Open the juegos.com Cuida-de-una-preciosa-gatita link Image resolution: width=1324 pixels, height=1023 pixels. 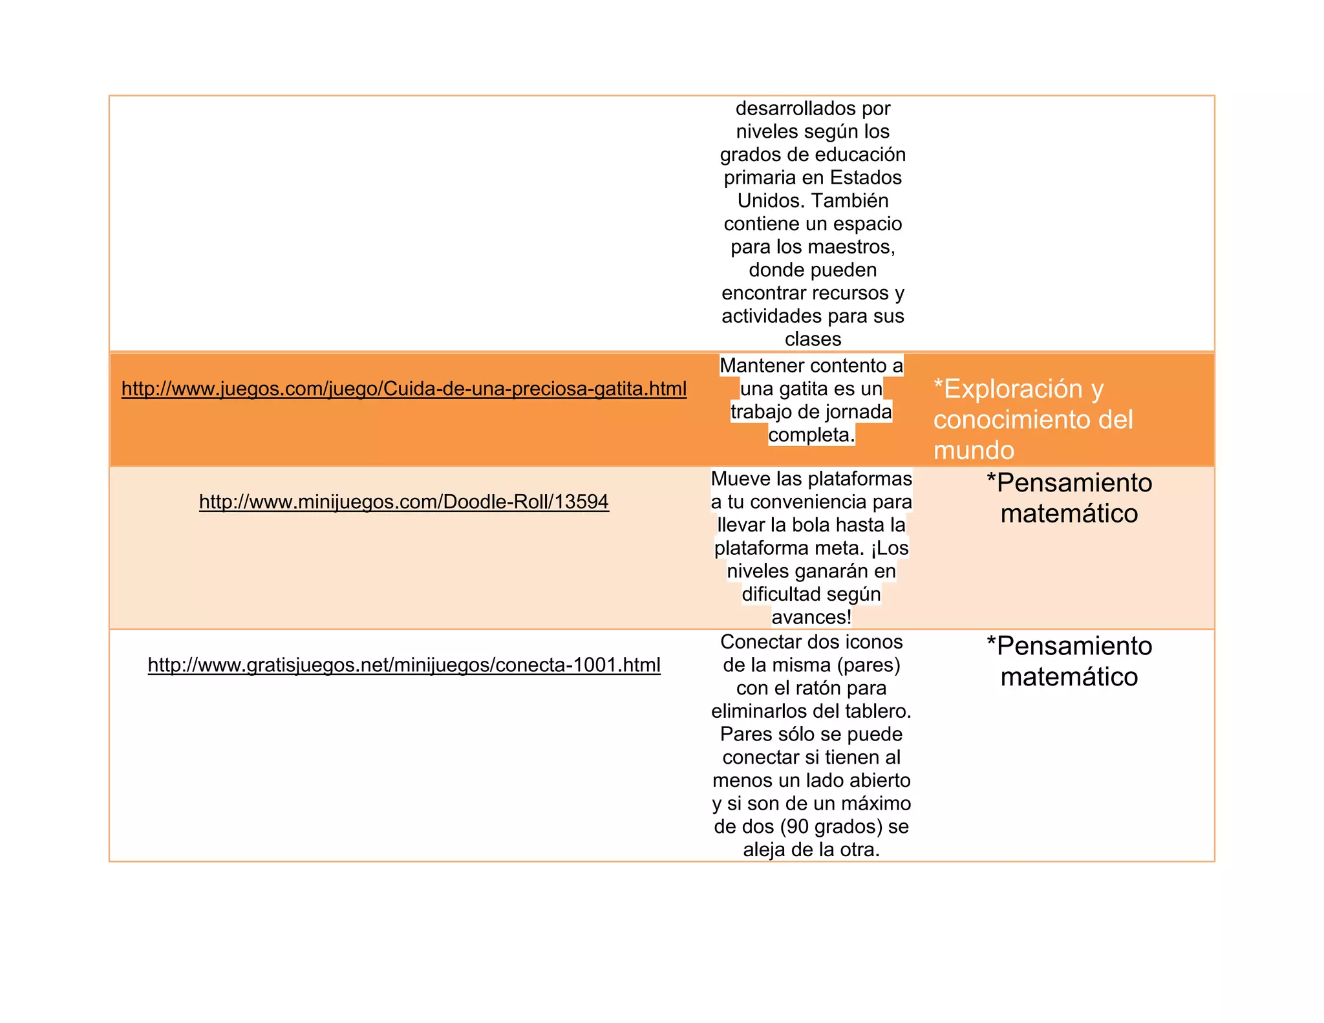click(x=403, y=389)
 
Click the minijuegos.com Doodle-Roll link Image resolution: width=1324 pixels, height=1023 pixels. click(x=403, y=502)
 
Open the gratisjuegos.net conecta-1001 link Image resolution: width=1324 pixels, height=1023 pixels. click(x=403, y=665)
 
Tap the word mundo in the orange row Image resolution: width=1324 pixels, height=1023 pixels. click(x=974, y=450)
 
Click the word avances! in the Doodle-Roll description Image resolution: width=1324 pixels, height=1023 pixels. click(x=811, y=618)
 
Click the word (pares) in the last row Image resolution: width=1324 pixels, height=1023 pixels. click(x=868, y=665)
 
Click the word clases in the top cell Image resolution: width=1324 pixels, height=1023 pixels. click(x=813, y=339)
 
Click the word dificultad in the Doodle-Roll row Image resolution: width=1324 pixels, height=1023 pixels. click(x=779, y=594)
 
